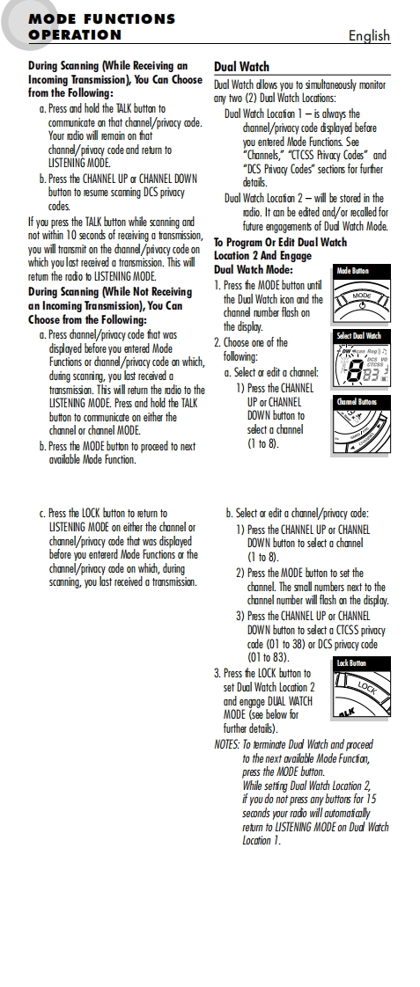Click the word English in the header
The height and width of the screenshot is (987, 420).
pyautogui.click(x=369, y=35)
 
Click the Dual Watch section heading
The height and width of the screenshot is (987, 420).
pyautogui.click(x=241, y=67)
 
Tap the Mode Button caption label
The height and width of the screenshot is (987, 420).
pyautogui.click(x=352, y=271)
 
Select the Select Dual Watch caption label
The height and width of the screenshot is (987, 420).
pyautogui.click(x=359, y=335)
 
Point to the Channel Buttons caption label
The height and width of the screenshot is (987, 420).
pyautogui.click(x=357, y=402)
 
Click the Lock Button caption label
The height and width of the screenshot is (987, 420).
pyautogui.click(x=351, y=662)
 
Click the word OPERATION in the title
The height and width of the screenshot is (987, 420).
pyautogui.click(x=75, y=35)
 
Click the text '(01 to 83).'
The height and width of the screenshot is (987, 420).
pyautogui.click(x=269, y=658)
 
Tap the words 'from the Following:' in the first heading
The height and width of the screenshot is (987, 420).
pyautogui.click(x=70, y=93)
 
